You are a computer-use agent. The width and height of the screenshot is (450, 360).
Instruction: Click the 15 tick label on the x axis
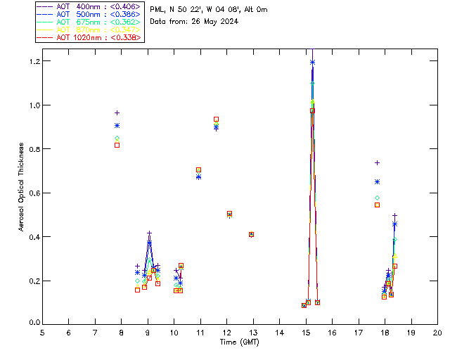coord(306,332)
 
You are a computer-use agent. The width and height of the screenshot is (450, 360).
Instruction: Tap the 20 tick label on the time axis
coord(437,332)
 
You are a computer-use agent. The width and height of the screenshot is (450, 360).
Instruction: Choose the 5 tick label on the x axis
coord(42,332)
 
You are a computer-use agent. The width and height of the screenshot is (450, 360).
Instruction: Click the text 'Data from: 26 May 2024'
coord(194,21)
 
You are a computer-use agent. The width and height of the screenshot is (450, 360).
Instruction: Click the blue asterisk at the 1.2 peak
coord(312,62)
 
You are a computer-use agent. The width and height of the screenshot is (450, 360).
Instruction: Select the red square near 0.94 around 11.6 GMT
coord(216,120)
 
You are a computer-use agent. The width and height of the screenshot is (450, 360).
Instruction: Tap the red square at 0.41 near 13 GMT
coord(251,234)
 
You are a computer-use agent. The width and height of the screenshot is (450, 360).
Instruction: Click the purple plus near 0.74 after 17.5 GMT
coord(377,162)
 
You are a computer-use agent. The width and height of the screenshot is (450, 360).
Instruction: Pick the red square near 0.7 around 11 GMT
coord(198,169)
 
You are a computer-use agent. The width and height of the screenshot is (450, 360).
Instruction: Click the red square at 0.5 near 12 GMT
coord(229,213)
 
